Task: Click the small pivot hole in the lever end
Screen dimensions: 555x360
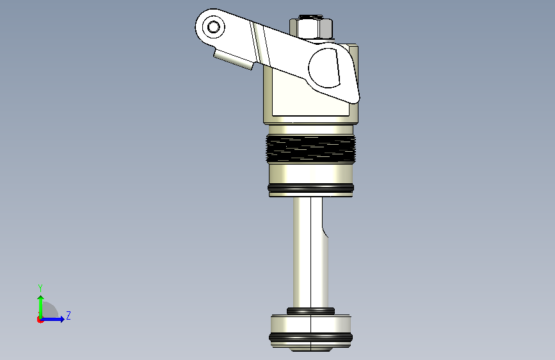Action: point(213,27)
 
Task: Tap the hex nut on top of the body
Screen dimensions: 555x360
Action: point(312,28)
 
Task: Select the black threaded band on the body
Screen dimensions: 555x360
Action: point(310,149)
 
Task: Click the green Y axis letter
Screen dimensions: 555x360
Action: point(40,288)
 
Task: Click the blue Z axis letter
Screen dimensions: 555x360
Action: point(68,315)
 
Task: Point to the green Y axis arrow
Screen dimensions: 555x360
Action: point(41,307)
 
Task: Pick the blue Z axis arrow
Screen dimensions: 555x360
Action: point(52,319)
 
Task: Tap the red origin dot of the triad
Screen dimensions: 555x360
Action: point(40,320)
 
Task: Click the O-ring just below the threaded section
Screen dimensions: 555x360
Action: point(310,188)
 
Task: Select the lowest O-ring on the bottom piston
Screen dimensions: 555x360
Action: point(310,338)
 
